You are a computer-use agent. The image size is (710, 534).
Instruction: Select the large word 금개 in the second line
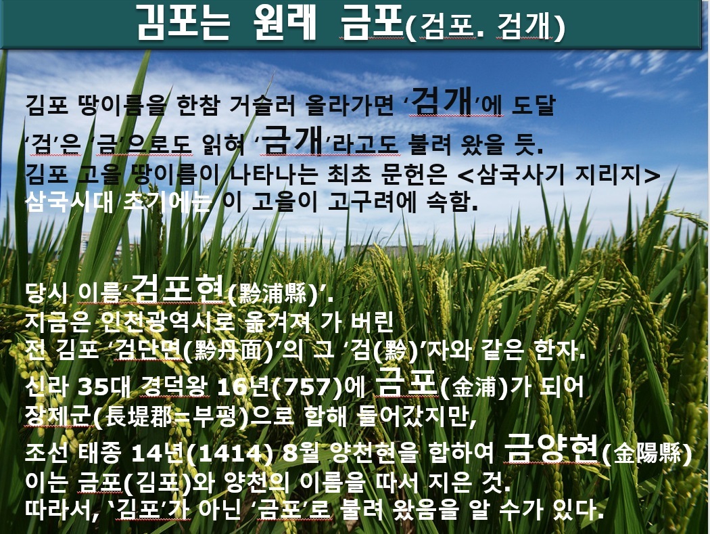click(x=293, y=140)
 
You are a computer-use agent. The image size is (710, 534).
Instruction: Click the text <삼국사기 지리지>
click(x=559, y=175)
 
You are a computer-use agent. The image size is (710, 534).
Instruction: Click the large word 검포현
click(x=179, y=289)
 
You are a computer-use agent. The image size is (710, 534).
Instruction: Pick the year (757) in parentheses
click(x=308, y=387)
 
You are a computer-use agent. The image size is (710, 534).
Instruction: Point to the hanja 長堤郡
click(x=138, y=416)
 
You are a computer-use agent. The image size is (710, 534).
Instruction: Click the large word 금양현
click(x=552, y=448)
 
